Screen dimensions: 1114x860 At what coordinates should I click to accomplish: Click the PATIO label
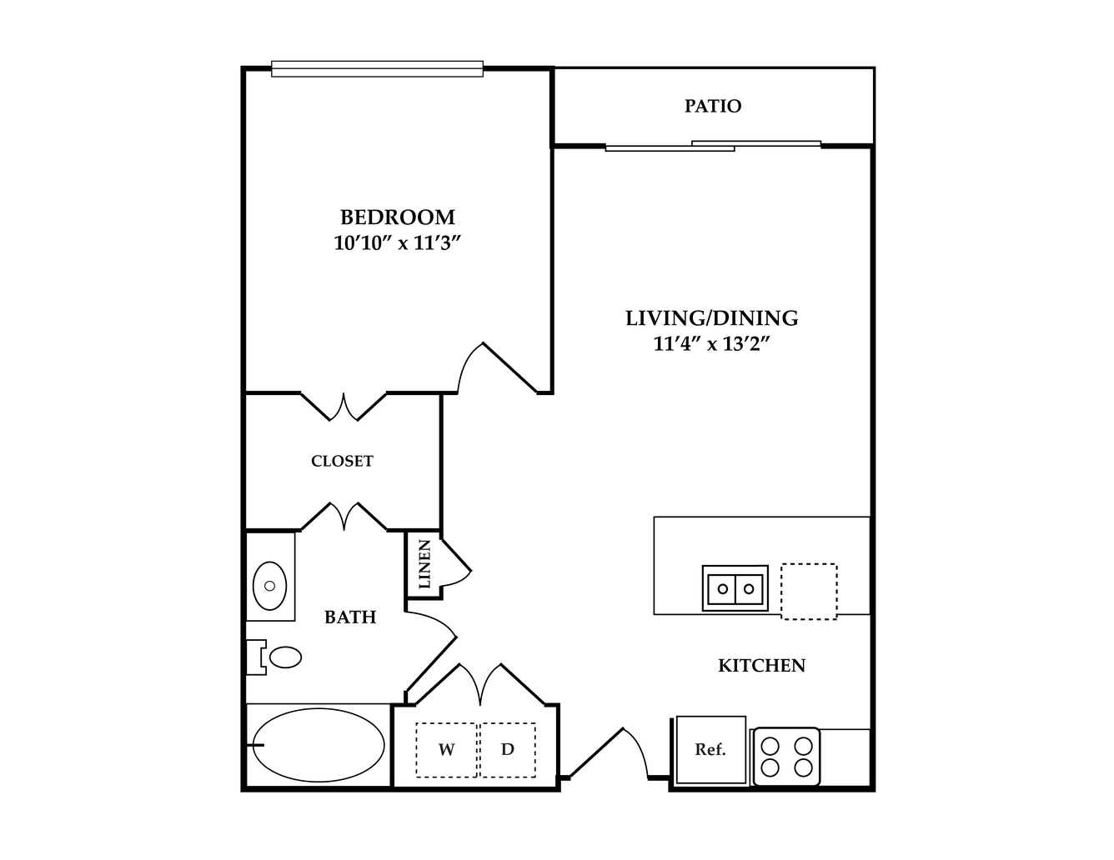713,106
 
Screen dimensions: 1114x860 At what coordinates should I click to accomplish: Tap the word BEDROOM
397,217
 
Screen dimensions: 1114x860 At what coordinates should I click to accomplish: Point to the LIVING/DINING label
711,318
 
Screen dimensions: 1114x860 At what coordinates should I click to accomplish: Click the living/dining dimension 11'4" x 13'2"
711,343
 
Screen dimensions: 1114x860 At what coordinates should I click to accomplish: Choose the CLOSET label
342,461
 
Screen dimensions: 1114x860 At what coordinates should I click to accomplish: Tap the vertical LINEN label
425,564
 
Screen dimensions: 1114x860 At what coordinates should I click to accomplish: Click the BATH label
350,617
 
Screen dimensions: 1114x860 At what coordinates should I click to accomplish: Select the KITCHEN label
761,665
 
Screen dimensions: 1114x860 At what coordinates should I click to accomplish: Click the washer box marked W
447,750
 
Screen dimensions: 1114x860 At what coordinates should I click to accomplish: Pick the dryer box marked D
508,750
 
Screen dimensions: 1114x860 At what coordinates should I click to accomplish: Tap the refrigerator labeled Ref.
710,750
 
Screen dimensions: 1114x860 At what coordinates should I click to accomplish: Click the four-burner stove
787,757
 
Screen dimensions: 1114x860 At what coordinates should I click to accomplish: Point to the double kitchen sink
735,588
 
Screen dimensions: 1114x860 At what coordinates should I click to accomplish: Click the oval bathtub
319,745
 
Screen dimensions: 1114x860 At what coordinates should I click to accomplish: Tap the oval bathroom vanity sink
269,586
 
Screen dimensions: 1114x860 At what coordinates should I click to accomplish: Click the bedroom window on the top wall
377,69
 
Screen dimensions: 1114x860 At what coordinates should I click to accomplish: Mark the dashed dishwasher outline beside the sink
809,592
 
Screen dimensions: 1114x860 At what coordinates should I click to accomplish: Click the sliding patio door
713,146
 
